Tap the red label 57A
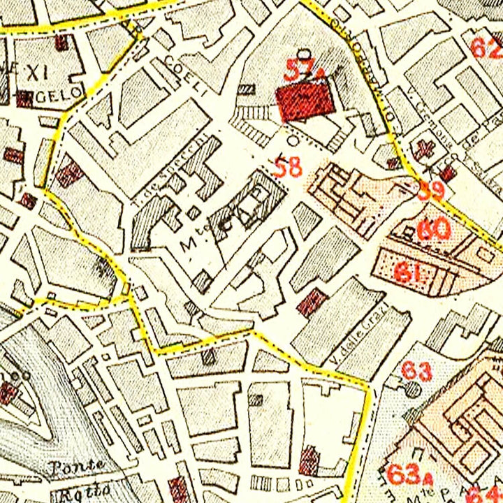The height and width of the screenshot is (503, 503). (x=302, y=70)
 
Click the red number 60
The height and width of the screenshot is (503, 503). (x=433, y=229)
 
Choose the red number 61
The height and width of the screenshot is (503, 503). (x=408, y=271)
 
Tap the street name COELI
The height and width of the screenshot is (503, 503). (x=187, y=78)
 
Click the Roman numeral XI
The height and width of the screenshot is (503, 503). (x=36, y=70)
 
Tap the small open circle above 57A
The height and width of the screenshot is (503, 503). (x=302, y=54)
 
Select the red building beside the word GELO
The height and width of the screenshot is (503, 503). (x=24, y=99)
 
